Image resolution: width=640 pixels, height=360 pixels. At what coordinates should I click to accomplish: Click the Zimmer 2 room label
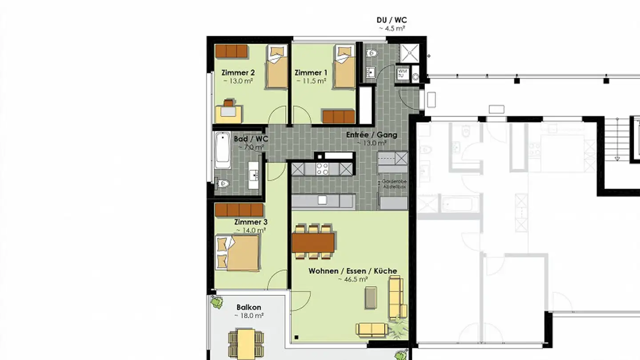tap(238, 73)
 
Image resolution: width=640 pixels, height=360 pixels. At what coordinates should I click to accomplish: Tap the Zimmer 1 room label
tap(311, 73)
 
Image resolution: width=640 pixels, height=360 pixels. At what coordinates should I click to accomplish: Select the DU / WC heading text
tap(391, 20)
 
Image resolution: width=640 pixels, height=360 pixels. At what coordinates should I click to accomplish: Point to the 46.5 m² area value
tap(352, 280)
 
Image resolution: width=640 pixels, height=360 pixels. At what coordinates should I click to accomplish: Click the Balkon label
tap(248, 307)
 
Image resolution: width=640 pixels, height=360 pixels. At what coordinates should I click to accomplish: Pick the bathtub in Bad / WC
tap(222, 150)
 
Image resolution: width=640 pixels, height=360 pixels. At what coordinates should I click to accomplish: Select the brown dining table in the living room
tap(313, 243)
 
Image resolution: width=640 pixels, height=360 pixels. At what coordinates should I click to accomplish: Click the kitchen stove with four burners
tap(322, 169)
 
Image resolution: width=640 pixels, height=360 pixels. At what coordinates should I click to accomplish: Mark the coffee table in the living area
tap(371, 297)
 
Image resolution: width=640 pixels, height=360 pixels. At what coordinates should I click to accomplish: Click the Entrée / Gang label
tap(372, 135)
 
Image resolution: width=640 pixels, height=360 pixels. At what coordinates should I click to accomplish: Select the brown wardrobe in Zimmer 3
tap(239, 210)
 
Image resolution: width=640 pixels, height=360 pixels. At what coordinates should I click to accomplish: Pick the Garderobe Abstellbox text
tap(394, 184)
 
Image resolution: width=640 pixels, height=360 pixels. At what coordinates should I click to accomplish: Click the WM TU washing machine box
tap(402, 73)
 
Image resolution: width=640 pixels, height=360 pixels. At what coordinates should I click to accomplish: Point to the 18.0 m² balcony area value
tap(250, 316)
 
